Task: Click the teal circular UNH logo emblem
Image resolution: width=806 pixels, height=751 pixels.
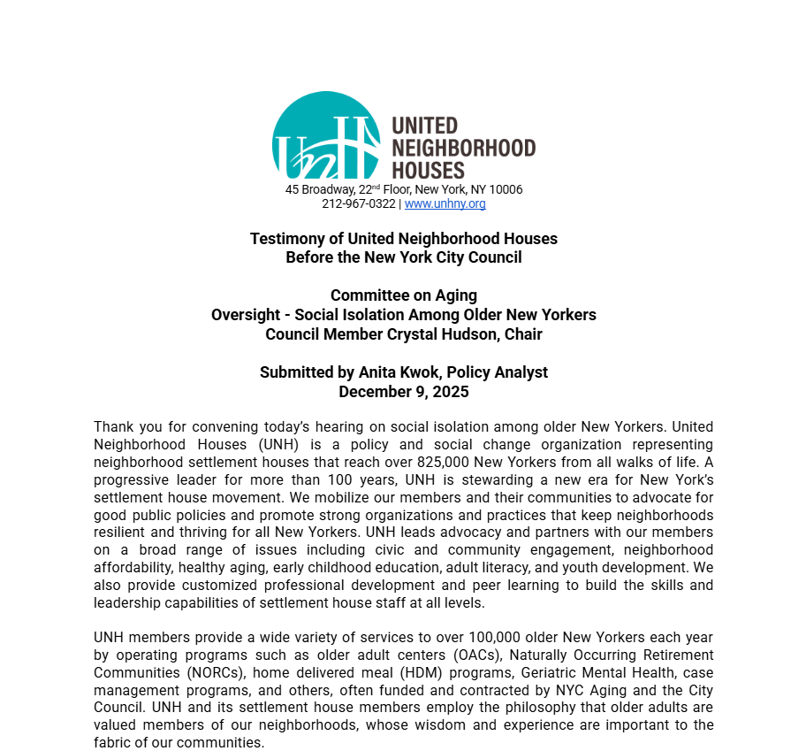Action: click(325, 136)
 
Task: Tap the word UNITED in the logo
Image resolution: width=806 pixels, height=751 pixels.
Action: click(424, 126)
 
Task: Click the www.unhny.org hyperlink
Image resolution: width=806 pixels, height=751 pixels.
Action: click(445, 204)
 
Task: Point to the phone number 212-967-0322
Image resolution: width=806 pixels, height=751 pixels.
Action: click(358, 204)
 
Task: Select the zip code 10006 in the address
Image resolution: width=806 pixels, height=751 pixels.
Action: click(506, 190)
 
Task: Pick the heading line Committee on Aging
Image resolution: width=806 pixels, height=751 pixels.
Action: click(403, 295)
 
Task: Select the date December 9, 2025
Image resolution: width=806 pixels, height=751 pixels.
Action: click(403, 392)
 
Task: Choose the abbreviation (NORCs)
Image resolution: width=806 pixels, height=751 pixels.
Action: click(212, 673)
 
